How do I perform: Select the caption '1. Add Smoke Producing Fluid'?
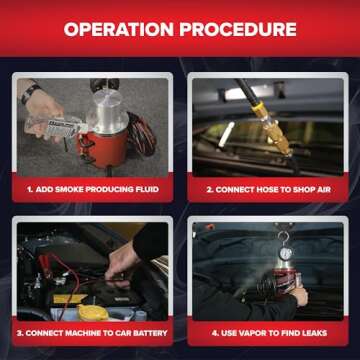pyautogui.click(x=93, y=188)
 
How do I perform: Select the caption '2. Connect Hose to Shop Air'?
pyautogui.click(x=265, y=188)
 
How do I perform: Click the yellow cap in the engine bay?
pyautogui.click(x=92, y=311)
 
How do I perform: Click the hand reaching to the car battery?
pyautogui.click(x=122, y=262)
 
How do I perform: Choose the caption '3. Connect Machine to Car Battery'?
pyautogui.click(x=93, y=332)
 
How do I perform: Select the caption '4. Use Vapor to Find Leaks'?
pyautogui.click(x=265, y=332)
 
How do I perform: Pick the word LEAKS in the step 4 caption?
pyautogui.click(x=311, y=332)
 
